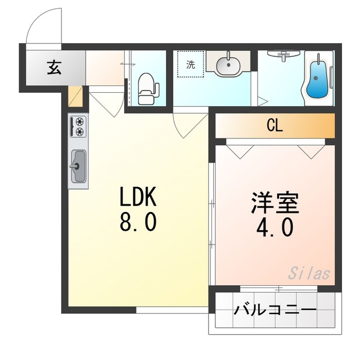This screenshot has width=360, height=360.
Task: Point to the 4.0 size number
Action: click(x=274, y=228)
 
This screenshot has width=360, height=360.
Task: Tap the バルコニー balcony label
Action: click(x=275, y=310)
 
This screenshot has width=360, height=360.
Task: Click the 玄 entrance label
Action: click(x=53, y=69)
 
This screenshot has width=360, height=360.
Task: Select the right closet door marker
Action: click(x=309, y=150)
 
